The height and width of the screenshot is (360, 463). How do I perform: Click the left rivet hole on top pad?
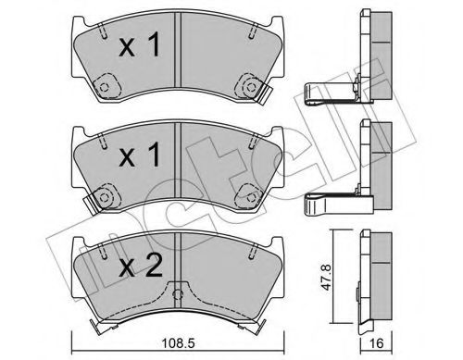click(105, 89)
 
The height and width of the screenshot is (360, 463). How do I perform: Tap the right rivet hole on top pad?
click(248, 87)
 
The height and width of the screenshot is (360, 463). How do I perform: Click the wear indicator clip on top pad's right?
click(264, 91)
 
